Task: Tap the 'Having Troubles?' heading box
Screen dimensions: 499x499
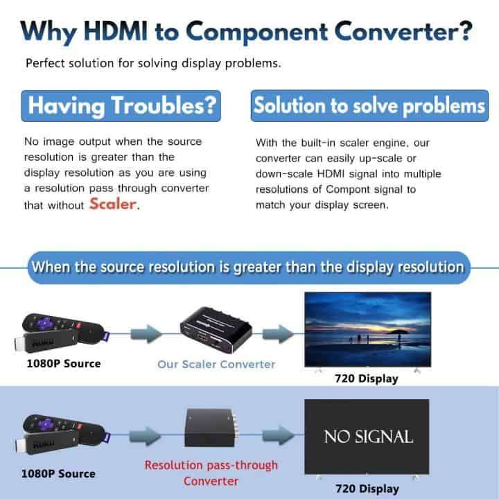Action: pos(124,107)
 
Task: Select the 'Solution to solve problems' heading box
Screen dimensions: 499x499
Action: pos(368,106)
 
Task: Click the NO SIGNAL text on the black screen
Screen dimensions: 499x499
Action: pos(368,437)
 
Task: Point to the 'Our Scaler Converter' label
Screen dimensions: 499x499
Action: pos(216,364)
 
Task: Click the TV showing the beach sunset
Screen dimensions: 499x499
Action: pos(368,331)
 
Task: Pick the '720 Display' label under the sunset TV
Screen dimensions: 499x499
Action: pos(367,378)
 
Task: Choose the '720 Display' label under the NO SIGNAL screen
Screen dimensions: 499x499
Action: pos(367,489)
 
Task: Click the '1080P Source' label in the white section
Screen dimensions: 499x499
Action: pos(63,363)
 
